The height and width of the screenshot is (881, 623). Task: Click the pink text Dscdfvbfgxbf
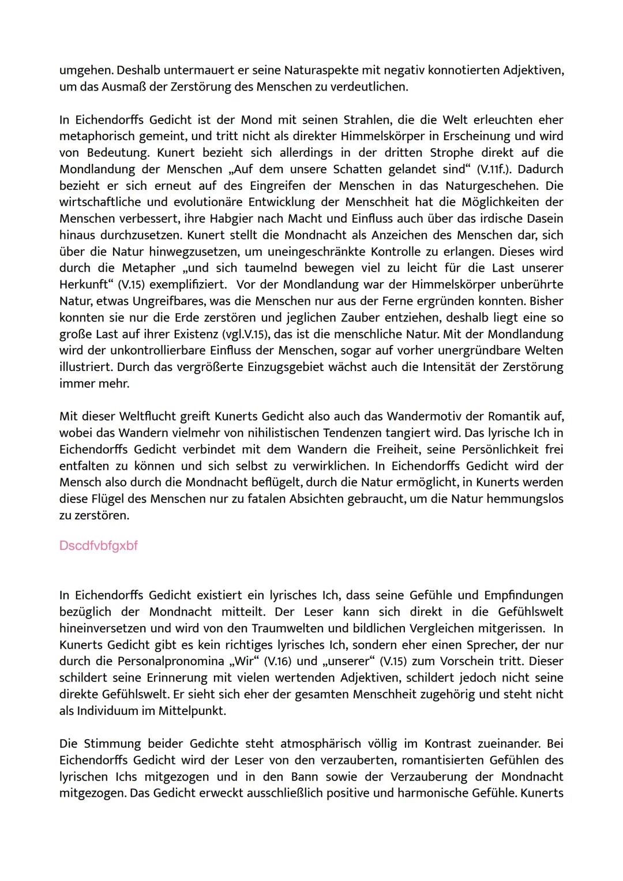pos(98,545)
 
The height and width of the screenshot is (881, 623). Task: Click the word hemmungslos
pos(524,498)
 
